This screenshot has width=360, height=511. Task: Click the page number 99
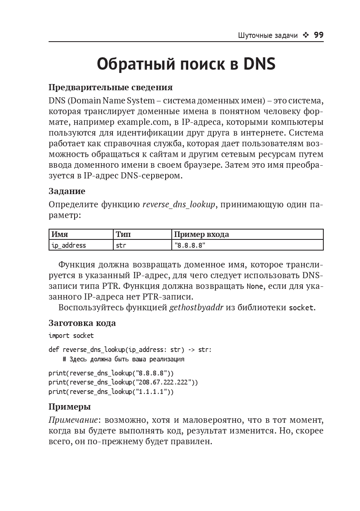(318, 35)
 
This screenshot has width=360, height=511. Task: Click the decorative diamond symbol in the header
(306, 35)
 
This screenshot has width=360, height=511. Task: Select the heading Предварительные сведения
(110, 87)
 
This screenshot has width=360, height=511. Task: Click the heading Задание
(67, 191)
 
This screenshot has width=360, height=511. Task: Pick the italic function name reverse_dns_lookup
(179, 204)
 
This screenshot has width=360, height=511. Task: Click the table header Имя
(60, 234)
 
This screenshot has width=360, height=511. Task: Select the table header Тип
(123, 234)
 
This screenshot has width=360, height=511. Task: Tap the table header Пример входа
(201, 234)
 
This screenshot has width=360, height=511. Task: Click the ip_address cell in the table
(68, 245)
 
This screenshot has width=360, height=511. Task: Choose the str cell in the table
(121, 245)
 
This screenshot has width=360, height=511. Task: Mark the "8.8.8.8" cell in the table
(190, 245)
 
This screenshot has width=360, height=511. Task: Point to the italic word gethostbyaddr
(196, 307)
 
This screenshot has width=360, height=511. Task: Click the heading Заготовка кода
(82, 323)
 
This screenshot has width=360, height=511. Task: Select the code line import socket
(71, 336)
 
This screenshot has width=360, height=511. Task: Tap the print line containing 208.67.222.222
(123, 382)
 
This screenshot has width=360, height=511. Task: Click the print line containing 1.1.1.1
(111, 392)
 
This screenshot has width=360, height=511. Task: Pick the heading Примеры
(70, 407)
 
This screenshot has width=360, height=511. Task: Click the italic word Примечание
(73, 420)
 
